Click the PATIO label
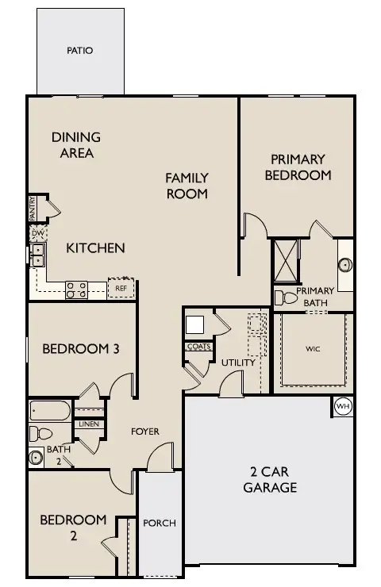80,50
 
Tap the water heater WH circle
343,406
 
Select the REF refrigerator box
121,288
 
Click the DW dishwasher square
38,233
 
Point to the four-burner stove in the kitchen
76,290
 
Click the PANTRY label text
33,208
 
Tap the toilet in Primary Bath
286,298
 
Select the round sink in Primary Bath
345,265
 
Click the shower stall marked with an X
286,260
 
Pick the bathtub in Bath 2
50,411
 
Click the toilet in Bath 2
40,434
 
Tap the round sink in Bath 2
37,458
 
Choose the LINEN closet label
89,424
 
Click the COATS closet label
199,347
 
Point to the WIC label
313,349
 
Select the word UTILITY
238,363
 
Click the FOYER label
145,432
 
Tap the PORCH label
160,523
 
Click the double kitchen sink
37,255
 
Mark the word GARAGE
270,487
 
